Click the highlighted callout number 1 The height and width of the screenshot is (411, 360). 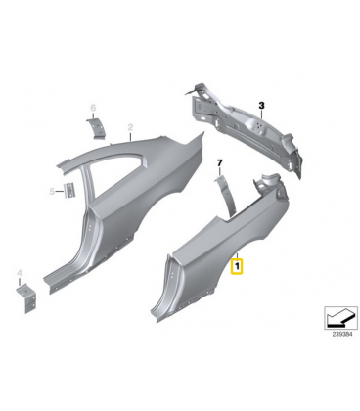click(237, 266)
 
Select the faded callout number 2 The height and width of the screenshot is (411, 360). click(130, 127)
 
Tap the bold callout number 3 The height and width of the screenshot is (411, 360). click(261, 106)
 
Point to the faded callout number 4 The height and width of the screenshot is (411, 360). click(20, 273)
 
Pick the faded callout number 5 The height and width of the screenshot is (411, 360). click(52, 192)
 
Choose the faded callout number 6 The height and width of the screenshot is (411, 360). click(93, 107)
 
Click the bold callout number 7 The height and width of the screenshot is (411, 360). click(219, 162)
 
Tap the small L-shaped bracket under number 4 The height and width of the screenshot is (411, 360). click(26, 298)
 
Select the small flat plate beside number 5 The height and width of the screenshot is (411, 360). click(69, 190)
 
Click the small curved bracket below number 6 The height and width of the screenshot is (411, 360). click(96, 129)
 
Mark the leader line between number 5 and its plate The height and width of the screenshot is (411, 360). click(60, 192)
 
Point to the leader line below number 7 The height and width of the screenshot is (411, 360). click(219, 171)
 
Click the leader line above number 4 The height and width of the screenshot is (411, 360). click(20, 281)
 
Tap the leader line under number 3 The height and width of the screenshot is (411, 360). click(261, 114)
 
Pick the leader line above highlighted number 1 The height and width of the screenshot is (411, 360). click(238, 256)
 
